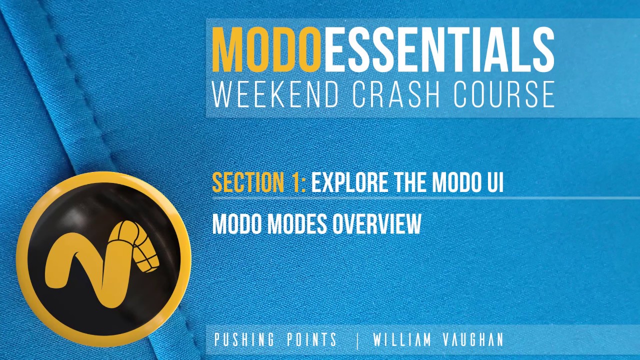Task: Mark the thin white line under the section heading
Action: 425,198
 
